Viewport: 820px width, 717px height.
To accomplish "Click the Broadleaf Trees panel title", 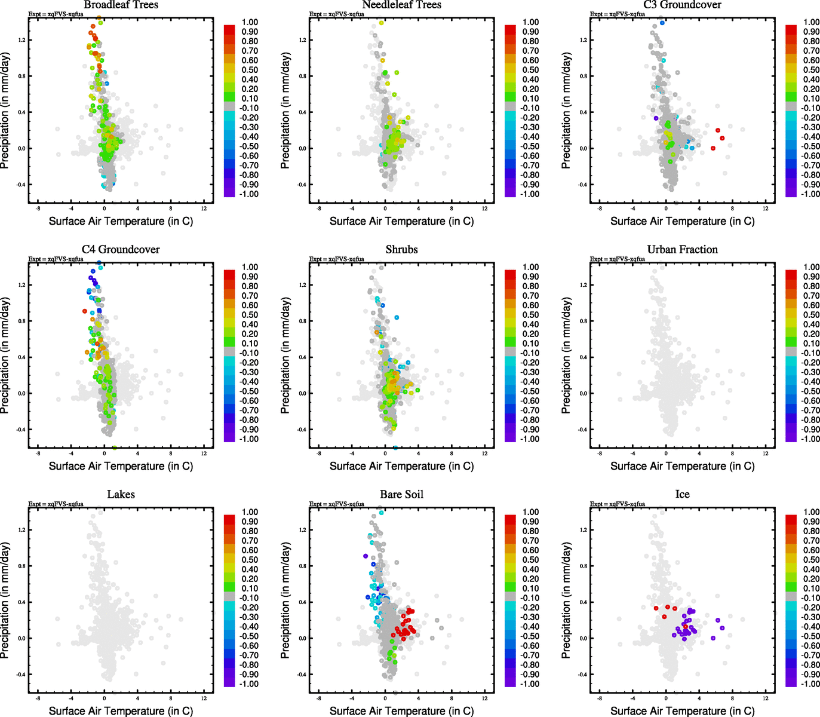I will point(121,5).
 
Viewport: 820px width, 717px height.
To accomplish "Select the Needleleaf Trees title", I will point(401,5).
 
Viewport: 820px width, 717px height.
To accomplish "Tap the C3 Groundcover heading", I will point(682,5).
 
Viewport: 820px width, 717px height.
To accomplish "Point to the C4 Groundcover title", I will point(121,250).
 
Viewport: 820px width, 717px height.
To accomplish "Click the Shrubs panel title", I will point(401,250).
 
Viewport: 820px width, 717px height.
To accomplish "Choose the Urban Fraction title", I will point(682,250).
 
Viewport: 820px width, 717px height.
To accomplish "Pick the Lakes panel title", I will point(121,495).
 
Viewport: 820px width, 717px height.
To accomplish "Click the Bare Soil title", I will point(401,495).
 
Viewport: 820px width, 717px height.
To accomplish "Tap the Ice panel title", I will point(682,495).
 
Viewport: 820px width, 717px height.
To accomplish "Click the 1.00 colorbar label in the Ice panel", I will point(811,512).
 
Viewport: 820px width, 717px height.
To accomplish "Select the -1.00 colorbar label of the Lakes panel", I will point(248,684).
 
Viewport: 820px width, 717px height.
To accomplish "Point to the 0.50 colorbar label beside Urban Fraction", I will point(811,315).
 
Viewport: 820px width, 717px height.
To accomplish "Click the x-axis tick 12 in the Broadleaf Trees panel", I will point(204,209).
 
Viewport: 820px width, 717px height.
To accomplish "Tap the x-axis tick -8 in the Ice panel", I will point(599,698).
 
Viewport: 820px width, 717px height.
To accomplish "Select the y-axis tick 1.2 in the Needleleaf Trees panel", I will point(302,40).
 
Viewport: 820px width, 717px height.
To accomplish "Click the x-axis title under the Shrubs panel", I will point(401,466).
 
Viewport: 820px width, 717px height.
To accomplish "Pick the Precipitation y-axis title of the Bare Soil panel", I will point(285,600).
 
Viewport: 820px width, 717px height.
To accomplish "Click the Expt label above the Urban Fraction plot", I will point(617,259).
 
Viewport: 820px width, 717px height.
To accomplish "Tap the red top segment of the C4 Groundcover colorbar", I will point(230,274).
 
